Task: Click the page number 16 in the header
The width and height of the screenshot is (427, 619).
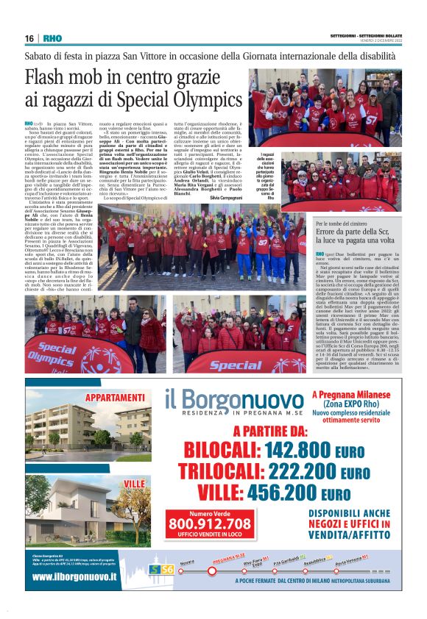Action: point(29,38)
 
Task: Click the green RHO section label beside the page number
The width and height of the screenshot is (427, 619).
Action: point(52,38)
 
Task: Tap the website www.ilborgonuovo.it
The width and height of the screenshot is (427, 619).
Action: point(74,576)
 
